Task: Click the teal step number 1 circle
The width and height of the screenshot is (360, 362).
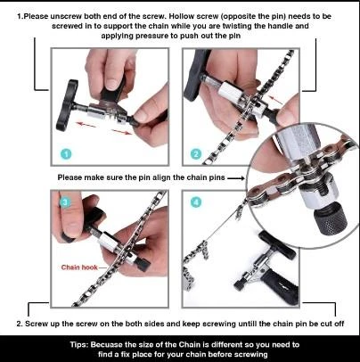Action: pos(66,154)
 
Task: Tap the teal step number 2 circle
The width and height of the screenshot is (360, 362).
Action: pos(196,154)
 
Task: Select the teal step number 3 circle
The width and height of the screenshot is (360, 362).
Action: pos(65,202)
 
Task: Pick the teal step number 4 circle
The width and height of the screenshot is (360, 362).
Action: pos(196,202)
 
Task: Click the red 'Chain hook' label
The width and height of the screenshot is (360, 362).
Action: pos(79,267)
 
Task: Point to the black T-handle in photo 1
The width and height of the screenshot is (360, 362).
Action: pos(67,105)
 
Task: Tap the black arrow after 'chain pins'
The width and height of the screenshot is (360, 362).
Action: pos(236,178)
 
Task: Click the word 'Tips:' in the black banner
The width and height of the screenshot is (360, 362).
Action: pos(79,345)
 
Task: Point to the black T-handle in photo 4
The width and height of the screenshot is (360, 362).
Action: pos(277,244)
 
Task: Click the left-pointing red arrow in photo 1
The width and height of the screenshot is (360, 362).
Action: pos(86,125)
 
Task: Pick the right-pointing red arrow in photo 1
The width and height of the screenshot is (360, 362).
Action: pos(122,132)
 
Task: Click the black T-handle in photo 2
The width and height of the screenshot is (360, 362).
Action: pos(192,75)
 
